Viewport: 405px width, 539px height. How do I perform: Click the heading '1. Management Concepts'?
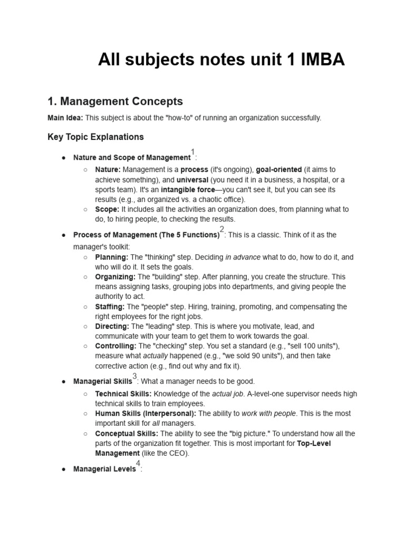tap(115, 101)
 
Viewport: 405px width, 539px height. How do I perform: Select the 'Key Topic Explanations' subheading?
tap(95, 137)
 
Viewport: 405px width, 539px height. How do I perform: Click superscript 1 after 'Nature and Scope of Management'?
tap(193, 152)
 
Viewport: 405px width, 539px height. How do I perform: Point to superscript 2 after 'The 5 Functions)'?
tap(222, 229)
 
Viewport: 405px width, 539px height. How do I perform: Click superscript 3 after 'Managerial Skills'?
tap(134, 376)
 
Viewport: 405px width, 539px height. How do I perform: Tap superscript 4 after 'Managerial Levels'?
tap(138, 464)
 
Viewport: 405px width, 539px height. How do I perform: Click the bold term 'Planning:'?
tap(112, 257)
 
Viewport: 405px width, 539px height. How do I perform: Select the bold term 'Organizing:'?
tap(115, 276)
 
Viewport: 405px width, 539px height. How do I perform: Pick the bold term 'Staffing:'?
tap(110, 306)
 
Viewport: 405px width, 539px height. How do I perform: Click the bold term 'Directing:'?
tap(112, 326)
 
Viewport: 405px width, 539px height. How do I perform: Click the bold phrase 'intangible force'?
tap(188, 189)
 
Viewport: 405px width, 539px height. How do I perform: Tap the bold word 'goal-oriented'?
tap(279, 169)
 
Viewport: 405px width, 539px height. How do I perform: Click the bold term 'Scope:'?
tap(107, 209)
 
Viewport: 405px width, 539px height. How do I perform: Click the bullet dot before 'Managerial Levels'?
tap(63, 469)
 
